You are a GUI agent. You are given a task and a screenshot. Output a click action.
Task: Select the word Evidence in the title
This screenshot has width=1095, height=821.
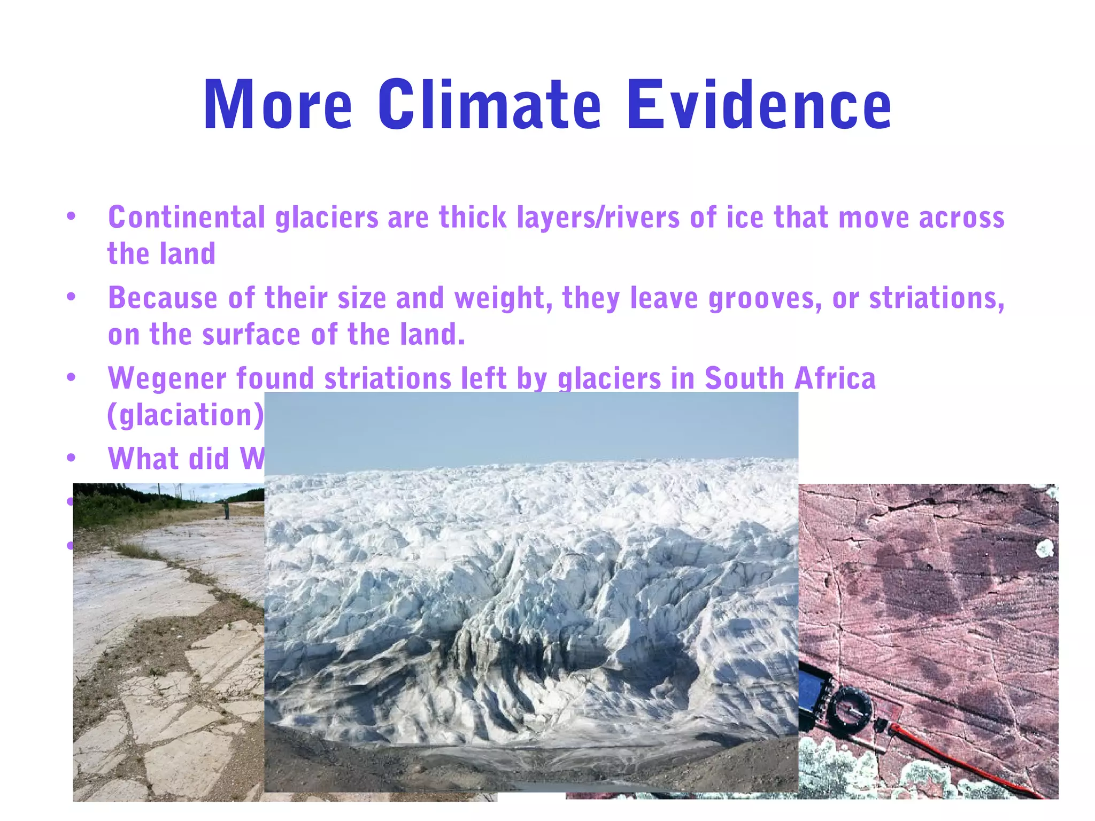point(759,105)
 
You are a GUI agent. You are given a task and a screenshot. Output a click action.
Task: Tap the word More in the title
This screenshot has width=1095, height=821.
point(277,105)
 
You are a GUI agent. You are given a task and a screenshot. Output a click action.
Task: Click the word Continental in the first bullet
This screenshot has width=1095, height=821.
point(187,218)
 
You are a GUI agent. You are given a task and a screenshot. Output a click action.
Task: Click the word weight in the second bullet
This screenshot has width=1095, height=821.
point(503,298)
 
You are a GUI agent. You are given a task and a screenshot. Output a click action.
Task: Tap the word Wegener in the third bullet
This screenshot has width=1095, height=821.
point(167,378)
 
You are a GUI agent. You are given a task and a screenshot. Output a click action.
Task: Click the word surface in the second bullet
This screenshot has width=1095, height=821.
point(251,335)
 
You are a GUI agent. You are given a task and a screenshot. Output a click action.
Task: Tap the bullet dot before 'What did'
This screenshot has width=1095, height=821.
point(71,458)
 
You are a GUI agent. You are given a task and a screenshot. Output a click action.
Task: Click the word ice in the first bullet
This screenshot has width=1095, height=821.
point(743,218)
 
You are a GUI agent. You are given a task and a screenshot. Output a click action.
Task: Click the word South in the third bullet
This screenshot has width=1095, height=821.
point(744,378)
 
